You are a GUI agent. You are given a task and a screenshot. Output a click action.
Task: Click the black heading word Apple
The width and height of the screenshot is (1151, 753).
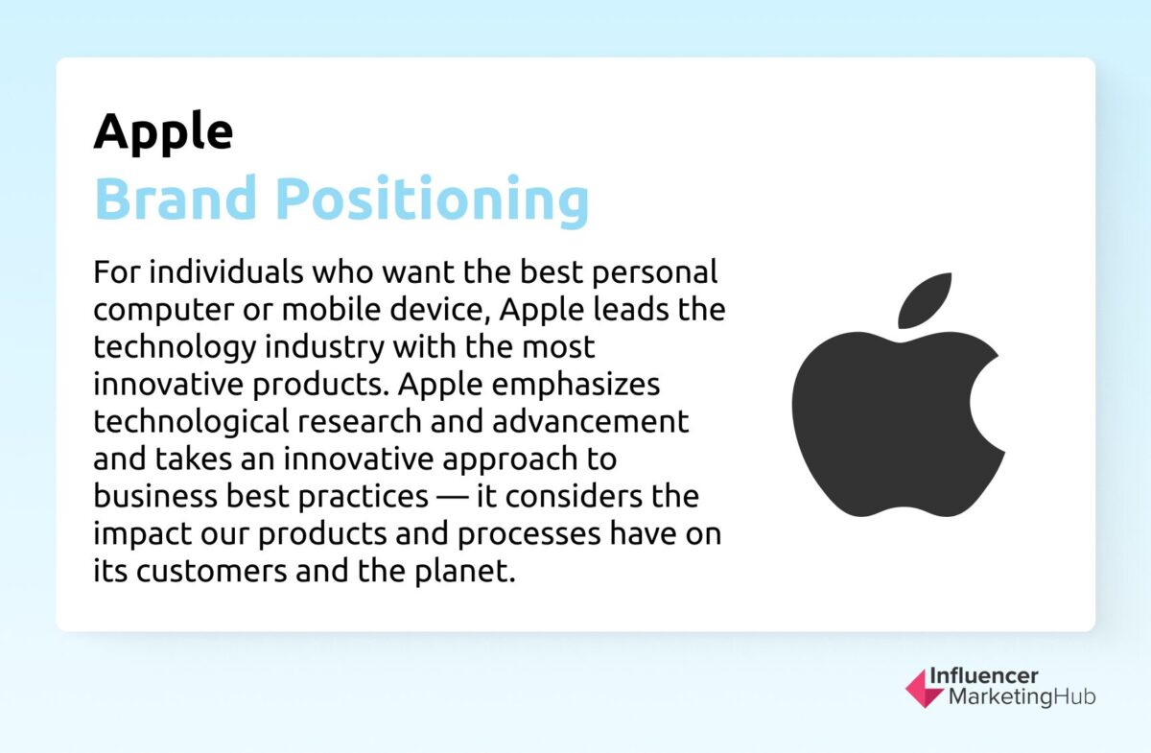(x=163, y=131)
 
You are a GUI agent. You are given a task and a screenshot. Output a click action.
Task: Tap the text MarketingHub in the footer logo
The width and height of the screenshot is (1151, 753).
(x=1022, y=697)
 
